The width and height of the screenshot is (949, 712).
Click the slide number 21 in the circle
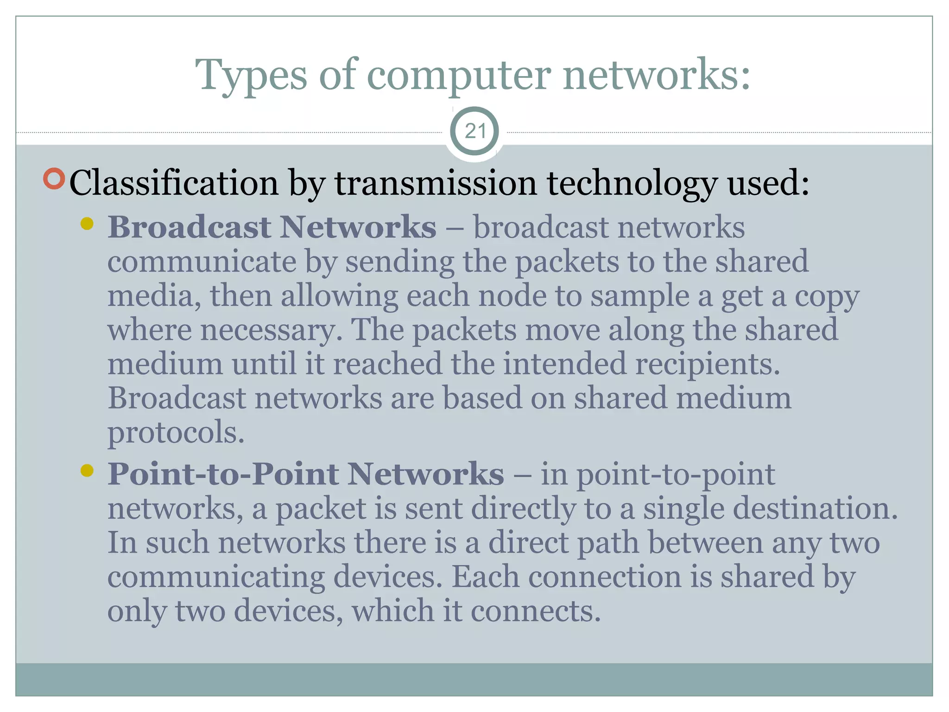475,131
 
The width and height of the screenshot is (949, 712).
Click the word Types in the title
251,75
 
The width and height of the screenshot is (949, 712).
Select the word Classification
174,184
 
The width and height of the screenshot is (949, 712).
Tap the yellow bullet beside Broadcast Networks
87,224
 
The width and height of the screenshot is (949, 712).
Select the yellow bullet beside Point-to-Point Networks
87,471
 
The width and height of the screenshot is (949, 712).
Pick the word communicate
202,262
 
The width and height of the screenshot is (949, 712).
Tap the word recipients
708,364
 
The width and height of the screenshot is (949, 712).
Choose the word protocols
176,432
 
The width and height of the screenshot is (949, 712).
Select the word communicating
216,577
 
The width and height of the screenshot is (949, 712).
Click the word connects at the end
536,611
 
